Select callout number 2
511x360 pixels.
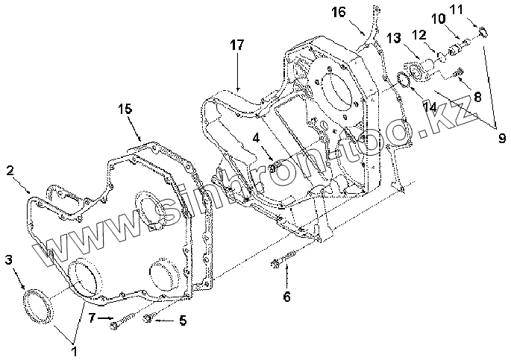11,171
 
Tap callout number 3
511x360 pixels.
9,259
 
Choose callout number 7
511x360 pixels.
92,319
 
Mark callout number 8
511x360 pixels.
477,95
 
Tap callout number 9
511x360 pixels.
501,137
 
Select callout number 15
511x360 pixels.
125,109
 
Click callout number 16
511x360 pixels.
339,11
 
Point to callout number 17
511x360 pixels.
236,46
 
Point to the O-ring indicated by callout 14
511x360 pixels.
402,80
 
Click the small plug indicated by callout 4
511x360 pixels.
272,165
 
